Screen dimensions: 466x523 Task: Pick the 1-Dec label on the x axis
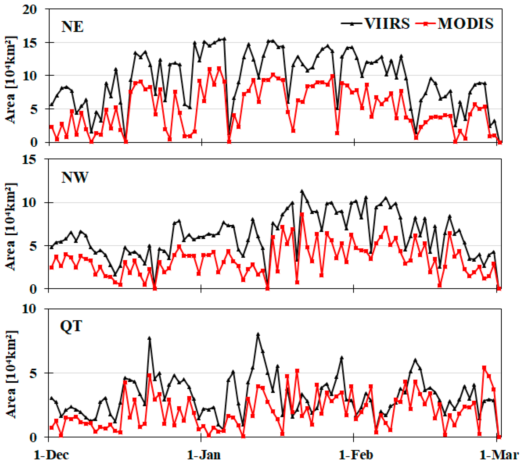[x=51, y=455]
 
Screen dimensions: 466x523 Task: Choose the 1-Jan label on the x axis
[x=204, y=455]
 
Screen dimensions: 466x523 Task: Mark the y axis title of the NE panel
[x=10, y=80]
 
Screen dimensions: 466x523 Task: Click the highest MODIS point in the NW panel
[x=302, y=214]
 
